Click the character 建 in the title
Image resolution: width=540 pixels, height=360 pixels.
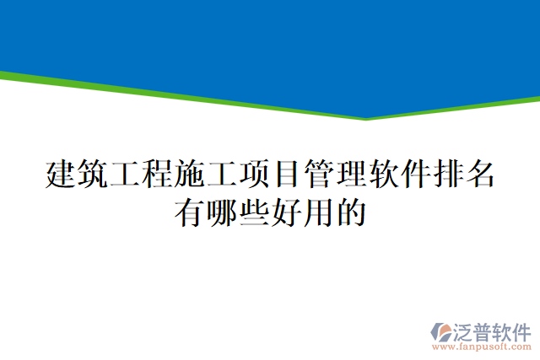tap(58, 175)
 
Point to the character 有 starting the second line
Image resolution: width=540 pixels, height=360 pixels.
tap(187, 211)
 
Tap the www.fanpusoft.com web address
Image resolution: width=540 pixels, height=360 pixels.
tap(482, 346)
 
